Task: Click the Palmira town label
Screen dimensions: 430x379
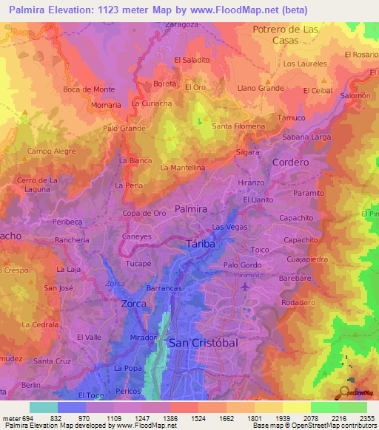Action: [x=191, y=209]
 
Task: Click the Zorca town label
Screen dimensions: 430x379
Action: [x=133, y=303]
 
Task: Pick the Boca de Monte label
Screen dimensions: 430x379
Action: [x=89, y=89]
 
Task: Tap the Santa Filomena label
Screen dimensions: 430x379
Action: [x=238, y=126]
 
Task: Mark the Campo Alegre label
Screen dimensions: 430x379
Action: [x=52, y=151]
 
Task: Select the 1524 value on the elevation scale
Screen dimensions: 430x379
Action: [x=179, y=418]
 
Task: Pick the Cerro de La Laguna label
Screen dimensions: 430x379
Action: [x=38, y=185]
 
